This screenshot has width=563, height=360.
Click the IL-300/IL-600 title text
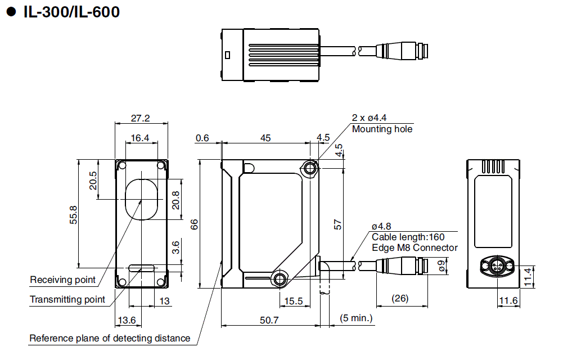71,12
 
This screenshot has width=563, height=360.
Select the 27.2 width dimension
140,118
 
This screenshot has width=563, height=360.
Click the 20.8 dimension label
175,201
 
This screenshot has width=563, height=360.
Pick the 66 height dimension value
194,224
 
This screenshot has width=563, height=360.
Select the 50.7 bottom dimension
270,319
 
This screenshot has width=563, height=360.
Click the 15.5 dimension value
294,301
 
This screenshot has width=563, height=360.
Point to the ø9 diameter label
442,265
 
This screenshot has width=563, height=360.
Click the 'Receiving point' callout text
63,280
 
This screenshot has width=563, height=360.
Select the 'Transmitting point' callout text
67,299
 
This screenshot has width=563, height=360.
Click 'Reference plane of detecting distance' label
110,338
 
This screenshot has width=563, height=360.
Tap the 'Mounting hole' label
382,129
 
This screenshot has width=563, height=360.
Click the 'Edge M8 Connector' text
415,247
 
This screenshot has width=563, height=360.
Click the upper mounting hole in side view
309,168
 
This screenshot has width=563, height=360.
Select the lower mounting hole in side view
280,278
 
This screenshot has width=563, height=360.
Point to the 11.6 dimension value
508,301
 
